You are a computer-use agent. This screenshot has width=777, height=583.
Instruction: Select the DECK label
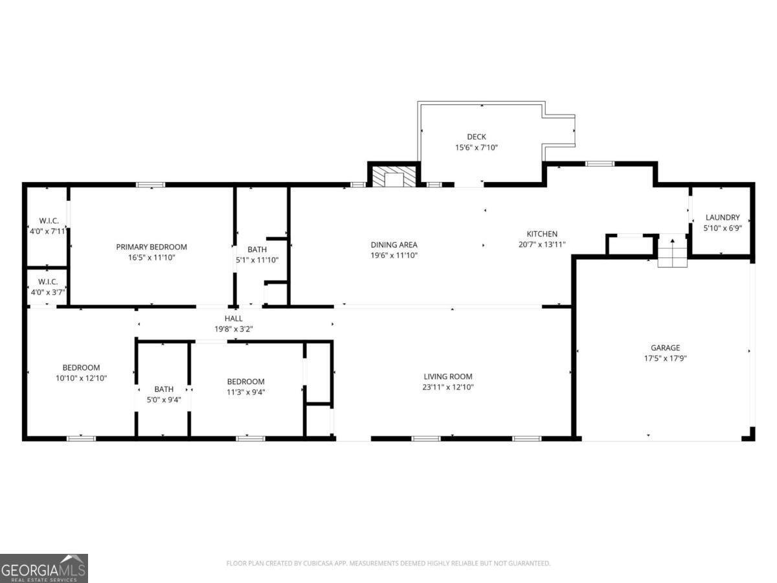pyautogui.click(x=476, y=137)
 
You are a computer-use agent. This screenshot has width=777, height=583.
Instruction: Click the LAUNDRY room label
pyautogui.click(x=723, y=218)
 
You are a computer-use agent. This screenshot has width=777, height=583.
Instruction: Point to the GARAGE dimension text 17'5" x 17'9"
pyautogui.click(x=665, y=358)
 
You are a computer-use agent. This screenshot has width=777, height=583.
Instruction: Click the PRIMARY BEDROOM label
pyautogui.click(x=152, y=247)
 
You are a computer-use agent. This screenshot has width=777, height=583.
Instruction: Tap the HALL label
pyautogui.click(x=234, y=319)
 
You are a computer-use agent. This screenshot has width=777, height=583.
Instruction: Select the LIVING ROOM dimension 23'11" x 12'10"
pyautogui.click(x=448, y=387)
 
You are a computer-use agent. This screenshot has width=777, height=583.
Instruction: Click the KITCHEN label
pyautogui.click(x=542, y=234)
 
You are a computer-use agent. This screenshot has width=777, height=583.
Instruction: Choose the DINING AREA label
pyautogui.click(x=394, y=245)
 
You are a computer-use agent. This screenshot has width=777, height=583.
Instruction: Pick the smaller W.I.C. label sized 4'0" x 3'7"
pyautogui.click(x=47, y=282)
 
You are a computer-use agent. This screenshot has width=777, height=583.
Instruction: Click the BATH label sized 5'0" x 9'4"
pyautogui.click(x=164, y=389)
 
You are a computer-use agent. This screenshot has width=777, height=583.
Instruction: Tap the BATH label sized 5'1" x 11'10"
pyautogui.click(x=257, y=249)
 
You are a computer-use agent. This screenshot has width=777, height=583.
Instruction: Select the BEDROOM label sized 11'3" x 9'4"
pyautogui.click(x=245, y=382)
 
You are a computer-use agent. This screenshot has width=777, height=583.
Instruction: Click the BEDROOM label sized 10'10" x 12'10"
pyautogui.click(x=81, y=368)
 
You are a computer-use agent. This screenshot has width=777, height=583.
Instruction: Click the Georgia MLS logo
pyautogui.click(x=44, y=568)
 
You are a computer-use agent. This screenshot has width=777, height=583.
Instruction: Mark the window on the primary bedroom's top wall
pyautogui.click(x=150, y=185)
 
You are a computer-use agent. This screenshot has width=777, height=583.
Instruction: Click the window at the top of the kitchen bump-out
pyautogui.click(x=600, y=164)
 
